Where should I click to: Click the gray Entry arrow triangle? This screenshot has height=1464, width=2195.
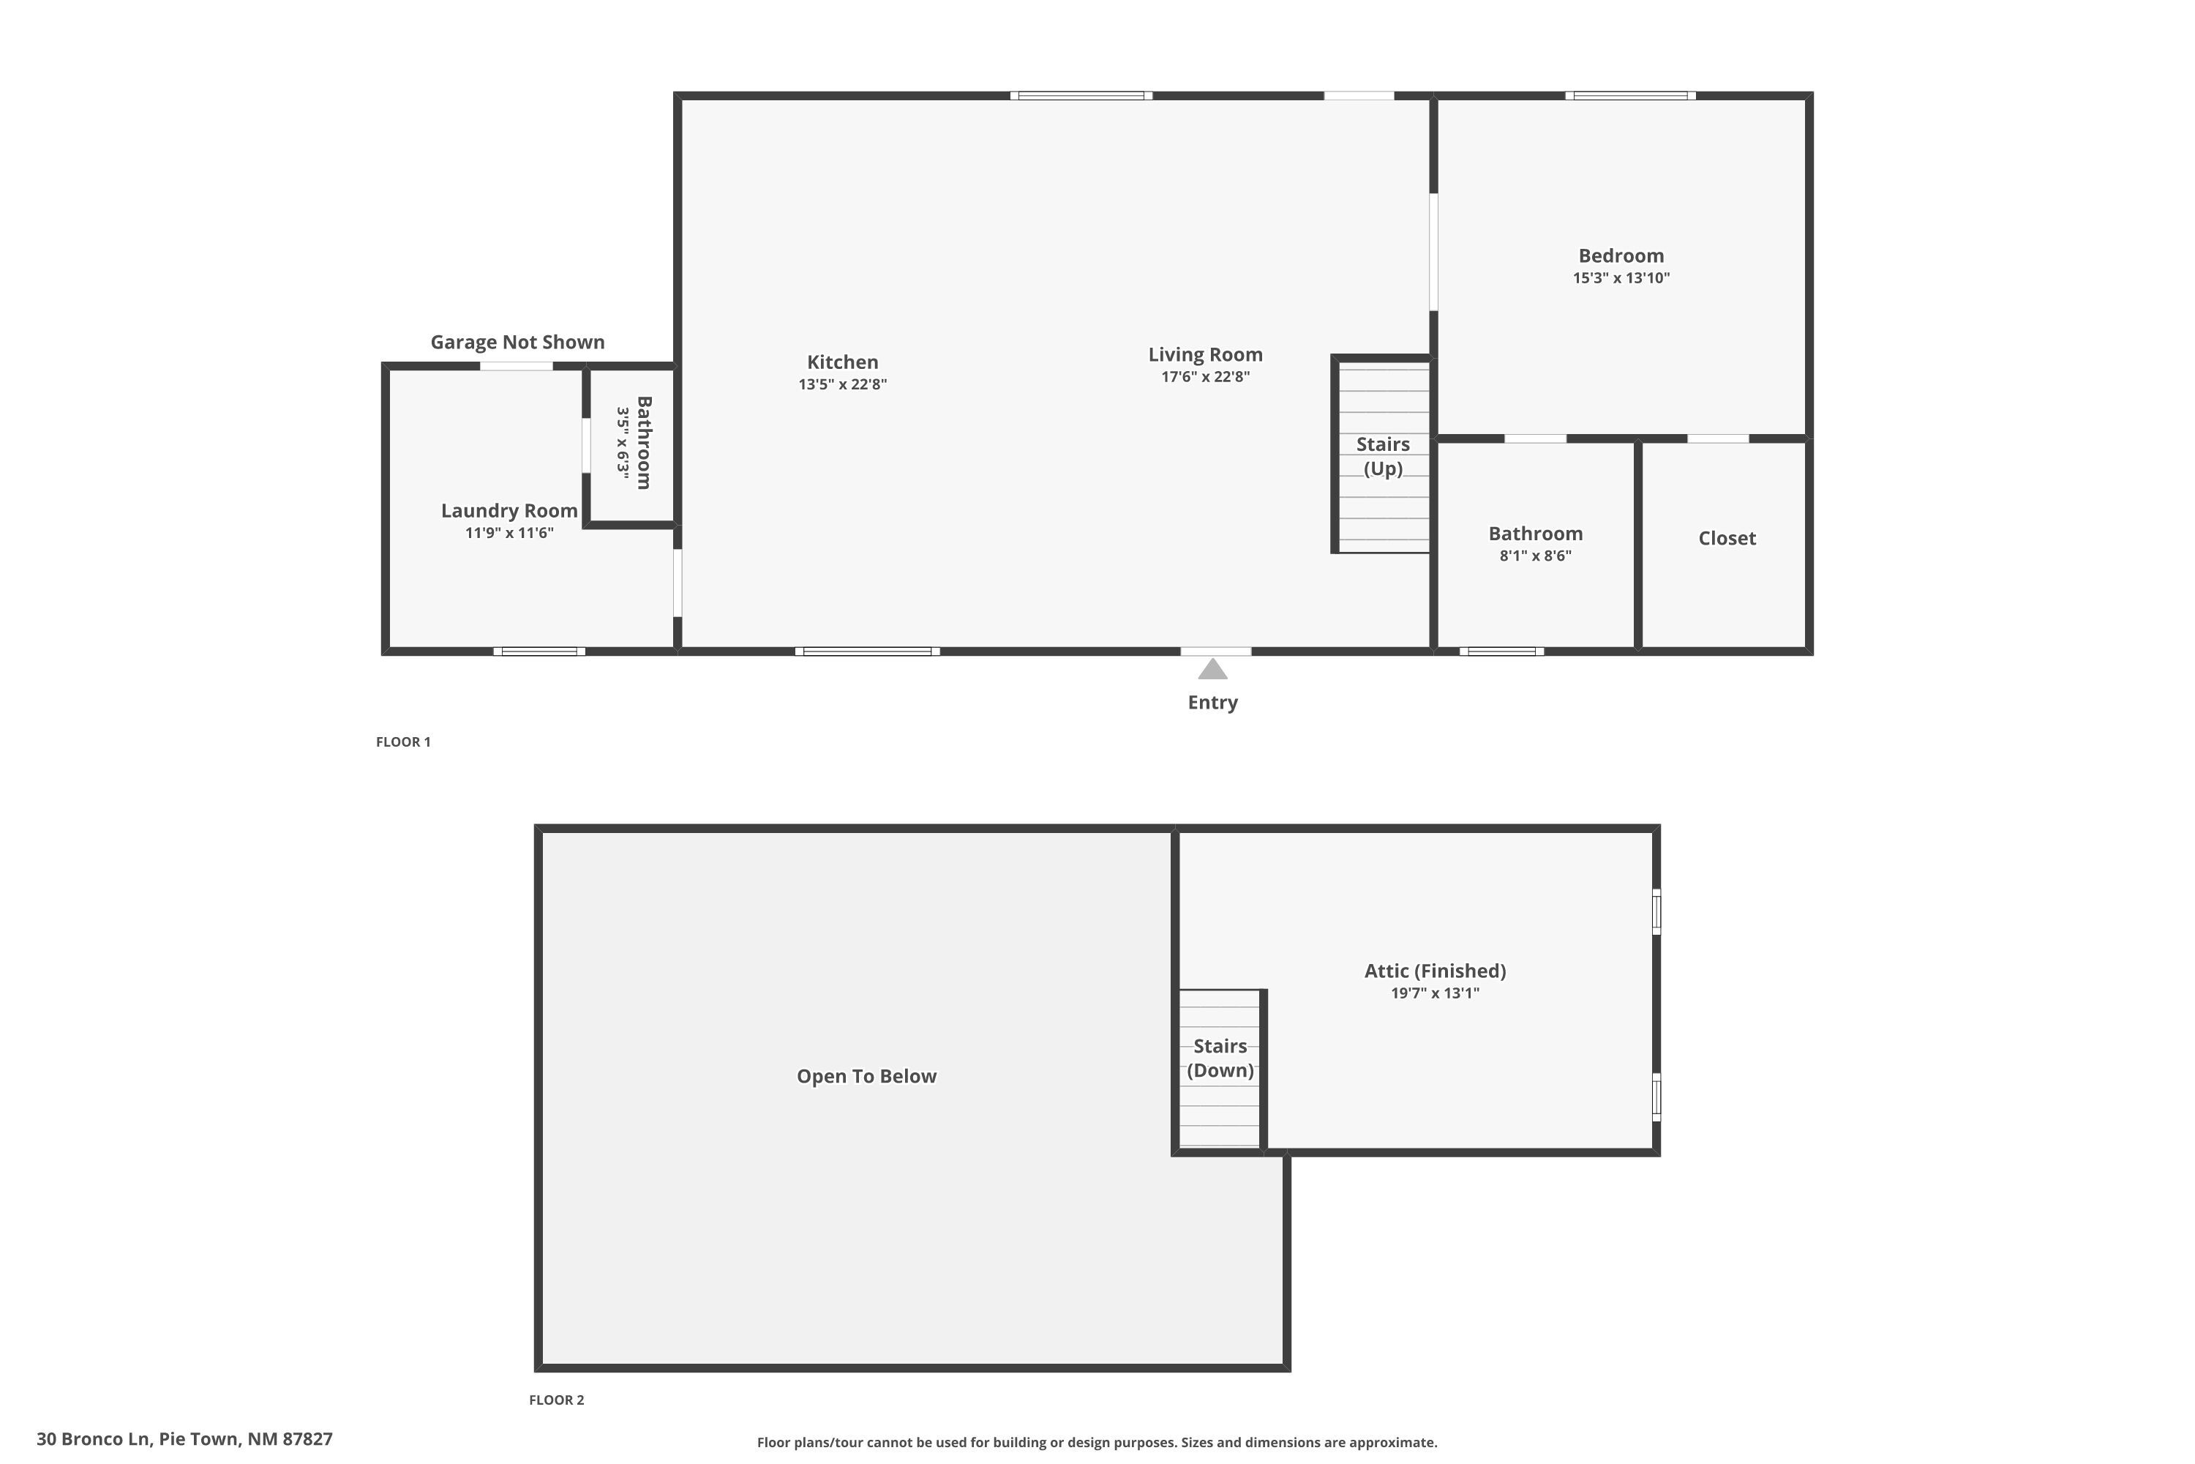point(1212,670)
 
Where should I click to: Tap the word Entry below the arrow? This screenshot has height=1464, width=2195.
point(1212,702)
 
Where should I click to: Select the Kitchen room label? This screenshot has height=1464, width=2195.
point(842,362)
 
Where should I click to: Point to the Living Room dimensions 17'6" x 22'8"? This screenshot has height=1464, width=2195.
point(1205,377)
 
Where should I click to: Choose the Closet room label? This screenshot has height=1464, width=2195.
point(1727,538)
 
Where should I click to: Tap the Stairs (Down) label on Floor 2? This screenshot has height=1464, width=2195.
point(1220,1058)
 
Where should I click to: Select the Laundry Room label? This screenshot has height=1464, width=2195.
point(509,511)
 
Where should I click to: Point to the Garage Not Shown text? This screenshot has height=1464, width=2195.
point(517,342)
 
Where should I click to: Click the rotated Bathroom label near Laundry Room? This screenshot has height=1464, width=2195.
point(644,443)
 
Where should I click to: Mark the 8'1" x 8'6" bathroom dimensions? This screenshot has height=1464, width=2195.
point(1535,556)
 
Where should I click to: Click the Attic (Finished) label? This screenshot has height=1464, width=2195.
point(1434,971)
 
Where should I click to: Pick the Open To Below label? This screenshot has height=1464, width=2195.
point(866,1077)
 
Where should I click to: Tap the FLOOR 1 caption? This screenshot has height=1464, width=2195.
point(403,742)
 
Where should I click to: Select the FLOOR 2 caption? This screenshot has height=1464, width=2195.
point(556,1400)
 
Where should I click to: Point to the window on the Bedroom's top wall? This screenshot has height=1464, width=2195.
point(1629,95)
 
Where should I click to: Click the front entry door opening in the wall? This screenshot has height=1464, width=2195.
point(1215,651)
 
